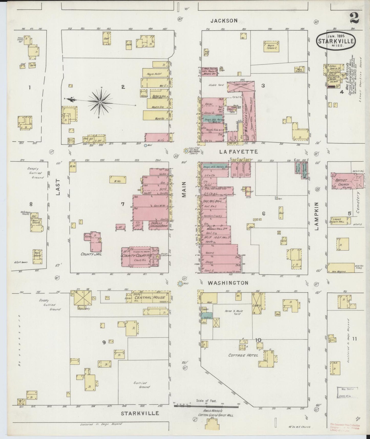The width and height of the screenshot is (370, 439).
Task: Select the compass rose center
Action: click(x=100, y=102)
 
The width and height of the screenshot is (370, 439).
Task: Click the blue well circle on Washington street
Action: click(x=180, y=284)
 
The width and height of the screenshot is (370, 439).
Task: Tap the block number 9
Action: click(x=104, y=343)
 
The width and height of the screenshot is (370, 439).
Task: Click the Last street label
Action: click(x=58, y=187)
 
